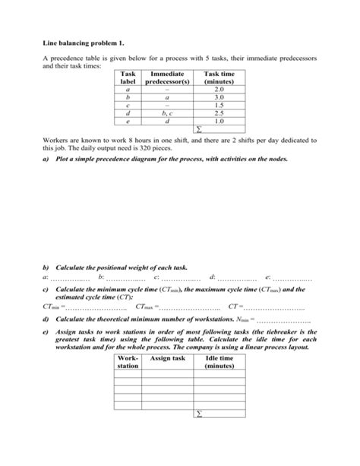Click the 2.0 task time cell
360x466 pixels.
click(x=219, y=90)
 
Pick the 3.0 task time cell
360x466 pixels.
click(x=219, y=98)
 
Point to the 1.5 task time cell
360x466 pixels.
click(x=219, y=106)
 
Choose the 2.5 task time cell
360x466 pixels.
click(x=219, y=113)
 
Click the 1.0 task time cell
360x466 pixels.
click(x=219, y=121)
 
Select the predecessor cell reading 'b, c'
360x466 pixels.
click(x=170, y=113)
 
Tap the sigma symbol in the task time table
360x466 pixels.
click(x=200, y=129)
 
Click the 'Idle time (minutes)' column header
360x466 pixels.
click(x=219, y=362)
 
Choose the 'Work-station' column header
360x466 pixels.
click(x=128, y=362)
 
